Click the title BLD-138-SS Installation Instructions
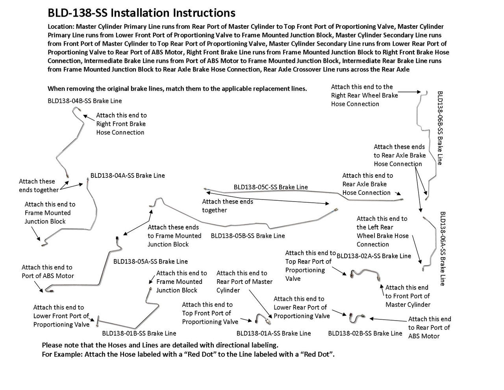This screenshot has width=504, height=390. click(x=141, y=13)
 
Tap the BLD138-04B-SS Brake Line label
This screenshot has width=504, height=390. click(x=85, y=101)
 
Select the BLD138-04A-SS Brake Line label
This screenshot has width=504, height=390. click(x=128, y=175)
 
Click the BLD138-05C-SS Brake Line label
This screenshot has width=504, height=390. click(x=271, y=187)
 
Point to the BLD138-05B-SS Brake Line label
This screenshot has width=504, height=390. click(x=248, y=236)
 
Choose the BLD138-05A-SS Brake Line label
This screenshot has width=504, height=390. click(x=150, y=261)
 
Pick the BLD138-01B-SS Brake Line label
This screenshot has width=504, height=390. click(x=139, y=334)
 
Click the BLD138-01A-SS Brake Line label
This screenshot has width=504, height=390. click(x=274, y=334)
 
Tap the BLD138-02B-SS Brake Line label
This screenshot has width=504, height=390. click(x=365, y=334)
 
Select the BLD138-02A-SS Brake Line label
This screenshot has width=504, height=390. click(x=374, y=256)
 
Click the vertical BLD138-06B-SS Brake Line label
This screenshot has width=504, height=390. click(x=440, y=128)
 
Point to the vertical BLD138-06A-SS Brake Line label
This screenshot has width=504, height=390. click(x=442, y=248)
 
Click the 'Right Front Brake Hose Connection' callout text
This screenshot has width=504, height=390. click(x=121, y=124)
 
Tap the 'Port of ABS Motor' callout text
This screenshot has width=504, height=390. click(x=47, y=272)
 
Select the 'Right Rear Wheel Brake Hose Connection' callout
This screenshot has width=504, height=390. click(x=364, y=95)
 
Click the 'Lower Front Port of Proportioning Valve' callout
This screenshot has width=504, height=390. click(x=61, y=316)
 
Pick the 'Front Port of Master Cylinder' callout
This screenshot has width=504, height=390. click(x=408, y=296)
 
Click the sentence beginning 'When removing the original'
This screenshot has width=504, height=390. click(x=177, y=89)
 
